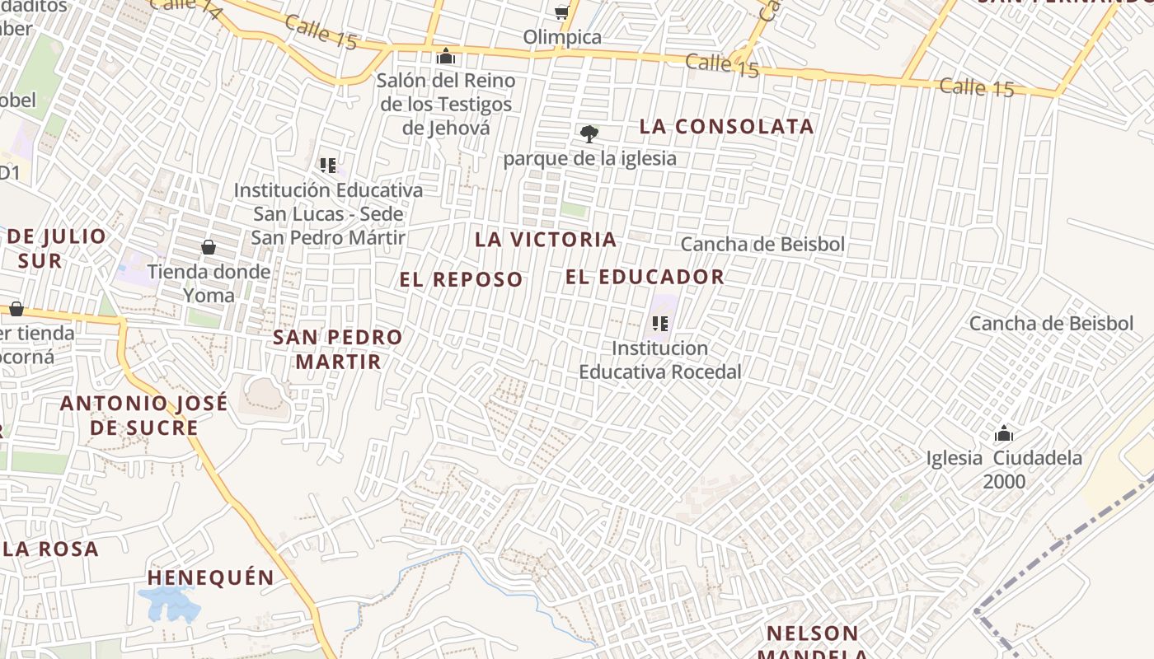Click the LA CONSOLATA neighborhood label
tap(726, 127)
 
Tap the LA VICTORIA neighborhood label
tap(546, 240)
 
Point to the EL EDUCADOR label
tap(645, 277)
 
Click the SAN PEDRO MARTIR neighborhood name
tap(338, 349)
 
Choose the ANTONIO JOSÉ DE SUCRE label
tap(144, 416)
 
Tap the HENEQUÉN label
tap(210, 577)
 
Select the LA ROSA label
tap(49, 549)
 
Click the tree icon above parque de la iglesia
tap(589, 133)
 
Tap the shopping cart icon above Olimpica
tap(562, 12)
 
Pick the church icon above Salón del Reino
tap(446, 56)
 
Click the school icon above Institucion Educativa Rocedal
tap(659, 323)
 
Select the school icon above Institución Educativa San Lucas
tap(328, 166)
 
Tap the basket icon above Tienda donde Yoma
tap(209, 247)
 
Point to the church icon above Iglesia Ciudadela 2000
tap(1004, 433)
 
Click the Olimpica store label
tap(562, 37)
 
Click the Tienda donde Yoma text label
tap(209, 283)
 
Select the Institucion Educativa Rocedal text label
tap(659, 360)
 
